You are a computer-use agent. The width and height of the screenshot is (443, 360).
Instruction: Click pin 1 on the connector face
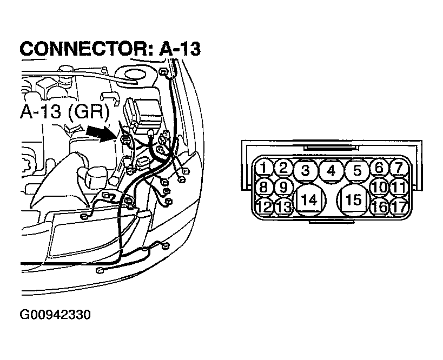pos(263,168)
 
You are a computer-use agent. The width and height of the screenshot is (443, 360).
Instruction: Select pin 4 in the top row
pos(332,171)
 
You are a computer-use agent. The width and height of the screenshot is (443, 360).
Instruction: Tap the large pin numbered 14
pos(310,199)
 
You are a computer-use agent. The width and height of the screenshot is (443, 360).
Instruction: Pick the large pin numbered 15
pos(353,199)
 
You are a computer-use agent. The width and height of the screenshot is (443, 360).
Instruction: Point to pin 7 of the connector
pos(399,168)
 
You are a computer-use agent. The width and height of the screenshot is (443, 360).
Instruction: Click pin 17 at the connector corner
pos(399,207)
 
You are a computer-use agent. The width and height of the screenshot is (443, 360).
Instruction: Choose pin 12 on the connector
pos(264,206)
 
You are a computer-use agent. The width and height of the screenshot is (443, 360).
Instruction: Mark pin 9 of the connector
pos(283,187)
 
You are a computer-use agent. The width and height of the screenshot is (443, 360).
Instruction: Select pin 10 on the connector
pos(379,187)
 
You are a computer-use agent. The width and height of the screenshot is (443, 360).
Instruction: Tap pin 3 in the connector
pos(305,170)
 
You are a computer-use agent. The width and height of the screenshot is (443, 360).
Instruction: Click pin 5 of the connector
pos(357,170)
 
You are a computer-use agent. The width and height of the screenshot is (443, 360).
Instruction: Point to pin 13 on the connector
pos(283,207)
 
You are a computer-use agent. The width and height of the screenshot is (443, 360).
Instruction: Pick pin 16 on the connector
pos(379,207)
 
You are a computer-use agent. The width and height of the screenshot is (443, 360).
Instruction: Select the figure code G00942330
pos(55,315)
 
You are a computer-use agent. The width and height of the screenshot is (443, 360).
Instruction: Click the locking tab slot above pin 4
pos(331,148)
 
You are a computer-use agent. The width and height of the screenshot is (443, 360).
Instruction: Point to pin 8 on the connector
pos(263,187)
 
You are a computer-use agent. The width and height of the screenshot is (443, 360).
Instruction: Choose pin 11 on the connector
pos(399,187)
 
